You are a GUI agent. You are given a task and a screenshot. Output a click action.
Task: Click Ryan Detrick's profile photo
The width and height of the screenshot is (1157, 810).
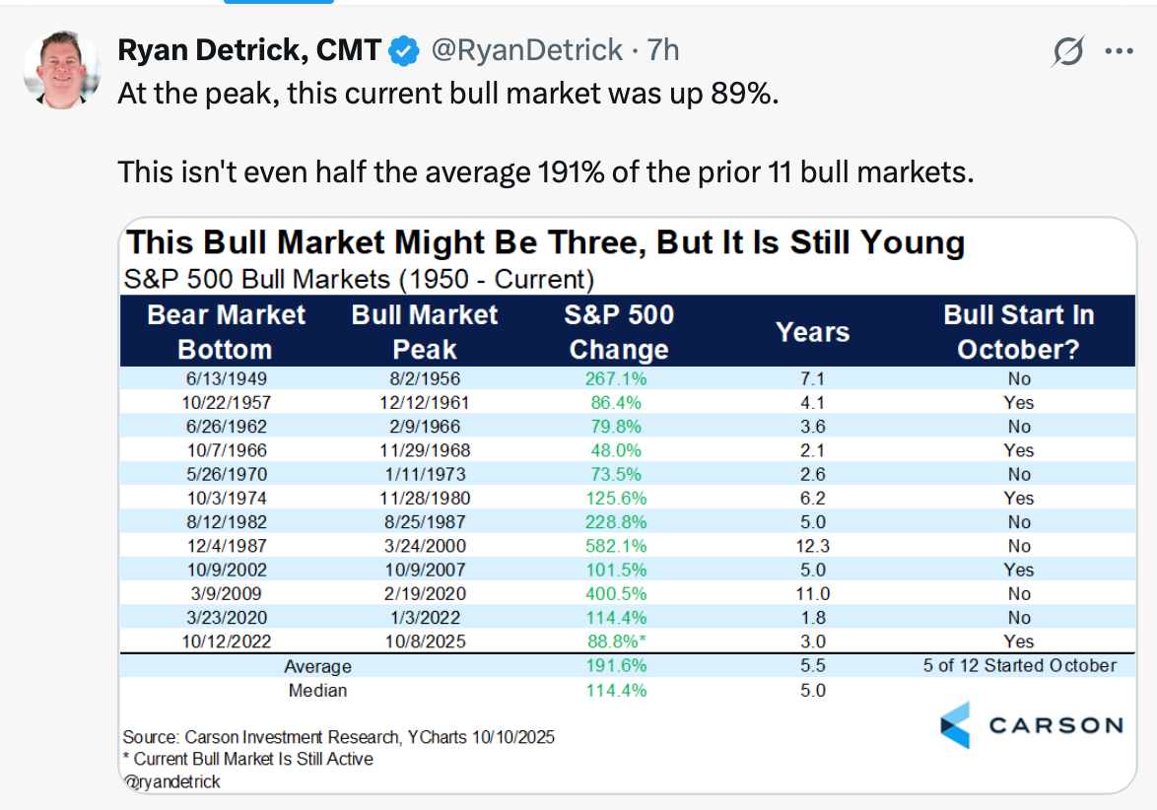(61, 69)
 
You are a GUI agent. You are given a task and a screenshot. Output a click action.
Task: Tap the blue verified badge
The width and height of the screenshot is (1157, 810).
(405, 49)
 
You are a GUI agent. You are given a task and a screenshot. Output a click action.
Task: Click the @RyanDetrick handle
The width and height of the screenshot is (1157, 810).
(527, 49)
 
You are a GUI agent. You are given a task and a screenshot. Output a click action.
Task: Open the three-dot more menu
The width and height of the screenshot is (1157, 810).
(1119, 51)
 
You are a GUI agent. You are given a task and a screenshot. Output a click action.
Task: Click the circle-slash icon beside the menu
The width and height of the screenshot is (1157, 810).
(1067, 51)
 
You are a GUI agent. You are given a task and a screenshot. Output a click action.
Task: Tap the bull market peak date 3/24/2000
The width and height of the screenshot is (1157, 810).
(424, 546)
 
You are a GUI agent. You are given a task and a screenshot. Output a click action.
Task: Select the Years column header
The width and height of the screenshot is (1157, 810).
(813, 332)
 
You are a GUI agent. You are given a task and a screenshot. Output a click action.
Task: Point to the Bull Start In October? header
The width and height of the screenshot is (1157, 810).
(1018, 332)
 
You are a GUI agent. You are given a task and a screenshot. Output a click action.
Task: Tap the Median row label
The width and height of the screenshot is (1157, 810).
(317, 691)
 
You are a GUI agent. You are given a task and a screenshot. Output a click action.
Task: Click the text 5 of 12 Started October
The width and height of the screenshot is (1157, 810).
(1018, 666)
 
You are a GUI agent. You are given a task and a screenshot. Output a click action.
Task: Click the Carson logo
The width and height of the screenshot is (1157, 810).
(1031, 725)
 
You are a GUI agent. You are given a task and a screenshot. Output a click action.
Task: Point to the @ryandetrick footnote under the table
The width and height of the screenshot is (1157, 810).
(172, 781)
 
